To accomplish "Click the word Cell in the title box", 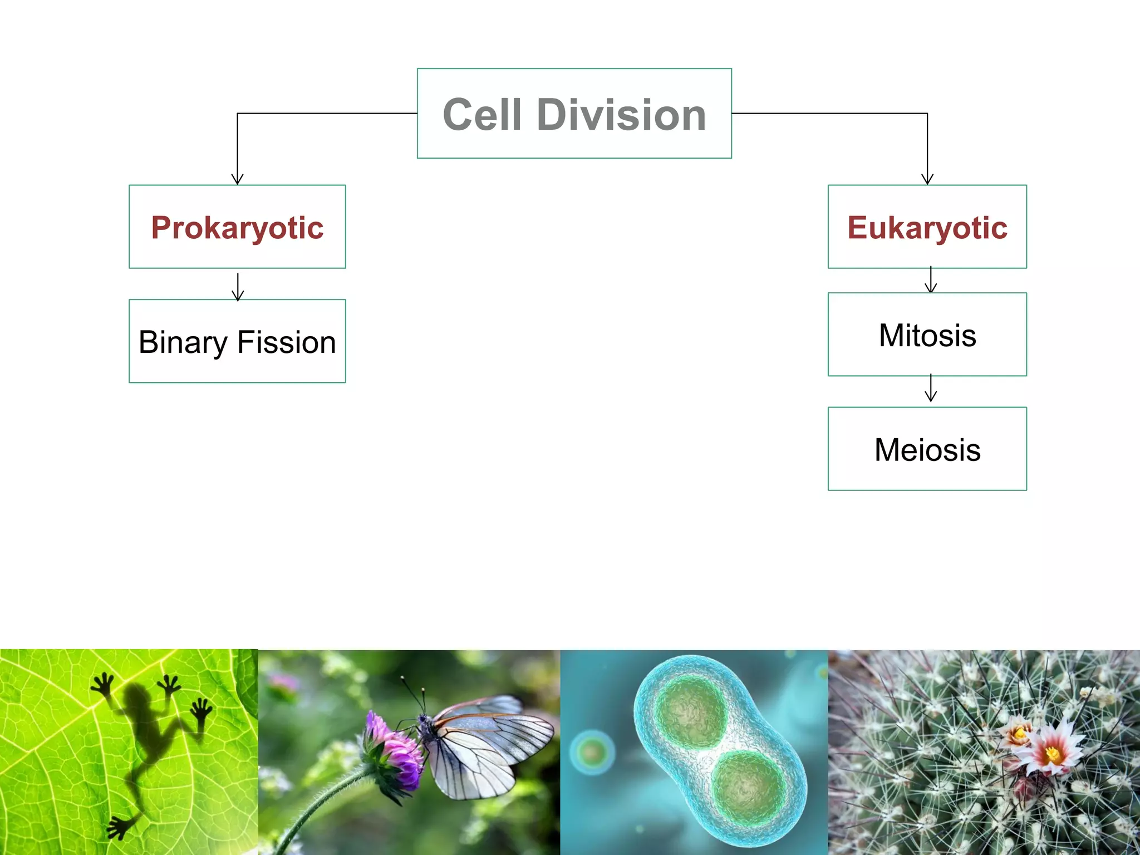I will click(482, 115).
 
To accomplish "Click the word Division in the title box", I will click(621, 115).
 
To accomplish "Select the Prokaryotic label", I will click(237, 228).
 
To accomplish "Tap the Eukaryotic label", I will click(927, 228).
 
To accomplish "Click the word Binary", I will click(183, 342).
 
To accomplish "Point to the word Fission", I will click(287, 342).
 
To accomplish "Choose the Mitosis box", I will click(927, 335).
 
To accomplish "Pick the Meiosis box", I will click(927, 449).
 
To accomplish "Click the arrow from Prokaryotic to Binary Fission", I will click(238, 286).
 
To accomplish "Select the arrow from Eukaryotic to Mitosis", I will click(931, 279).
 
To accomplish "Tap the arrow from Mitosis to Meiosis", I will click(931, 389).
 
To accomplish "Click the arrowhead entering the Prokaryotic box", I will click(238, 179).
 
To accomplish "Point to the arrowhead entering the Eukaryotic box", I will click(927, 179).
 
